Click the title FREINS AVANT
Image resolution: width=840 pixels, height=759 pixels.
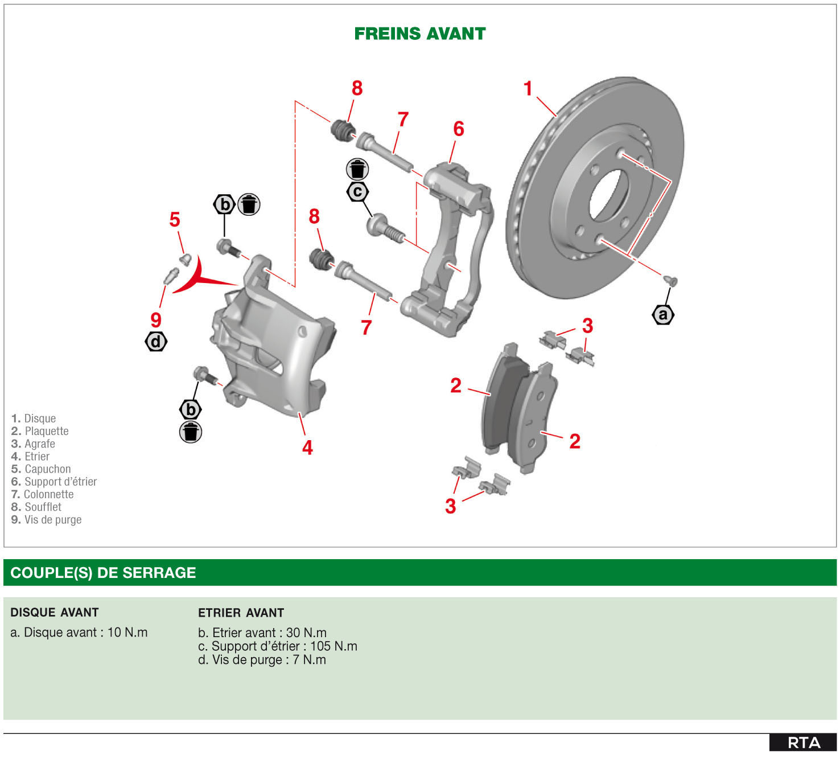coord(419,34)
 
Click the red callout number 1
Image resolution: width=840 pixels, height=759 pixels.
coord(528,89)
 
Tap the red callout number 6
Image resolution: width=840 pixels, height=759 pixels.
coord(458,129)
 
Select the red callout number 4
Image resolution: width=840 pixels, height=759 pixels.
coord(307,448)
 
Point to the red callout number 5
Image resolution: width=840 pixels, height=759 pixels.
coord(175,219)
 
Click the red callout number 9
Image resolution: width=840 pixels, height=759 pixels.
coord(156,320)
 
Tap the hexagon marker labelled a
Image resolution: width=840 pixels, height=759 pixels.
coord(663,314)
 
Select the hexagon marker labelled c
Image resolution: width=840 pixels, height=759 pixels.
coord(357,192)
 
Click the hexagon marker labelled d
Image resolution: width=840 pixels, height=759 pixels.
coord(156,342)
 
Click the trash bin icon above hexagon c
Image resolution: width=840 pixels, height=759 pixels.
coord(357,169)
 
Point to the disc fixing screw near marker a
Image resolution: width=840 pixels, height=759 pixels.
coord(672,281)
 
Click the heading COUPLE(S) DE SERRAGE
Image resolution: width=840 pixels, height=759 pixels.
coord(103,573)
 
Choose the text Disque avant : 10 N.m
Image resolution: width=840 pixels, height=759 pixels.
coord(79,633)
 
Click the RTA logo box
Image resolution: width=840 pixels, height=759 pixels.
coord(803,742)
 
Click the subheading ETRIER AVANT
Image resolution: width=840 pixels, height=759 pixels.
coord(241,613)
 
